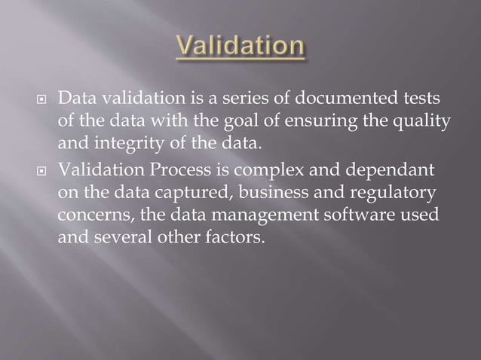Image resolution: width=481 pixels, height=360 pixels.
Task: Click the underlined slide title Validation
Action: (240, 46)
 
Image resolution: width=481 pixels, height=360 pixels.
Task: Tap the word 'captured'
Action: (192, 194)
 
